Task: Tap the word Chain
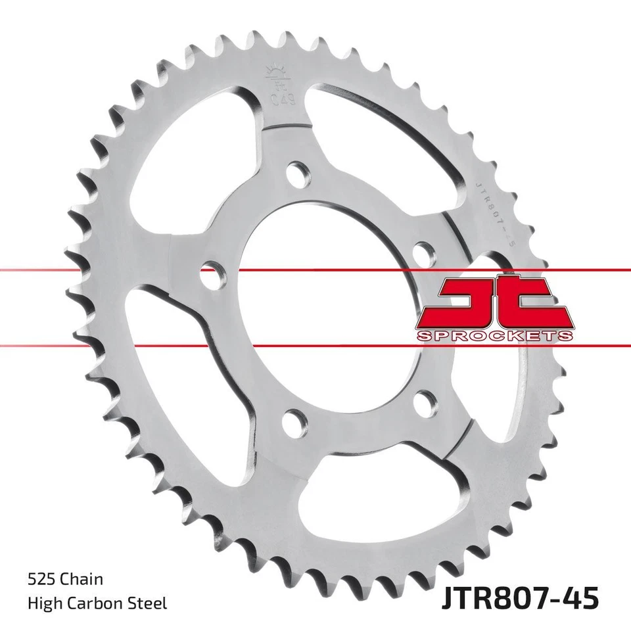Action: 82,579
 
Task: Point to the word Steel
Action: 151,603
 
